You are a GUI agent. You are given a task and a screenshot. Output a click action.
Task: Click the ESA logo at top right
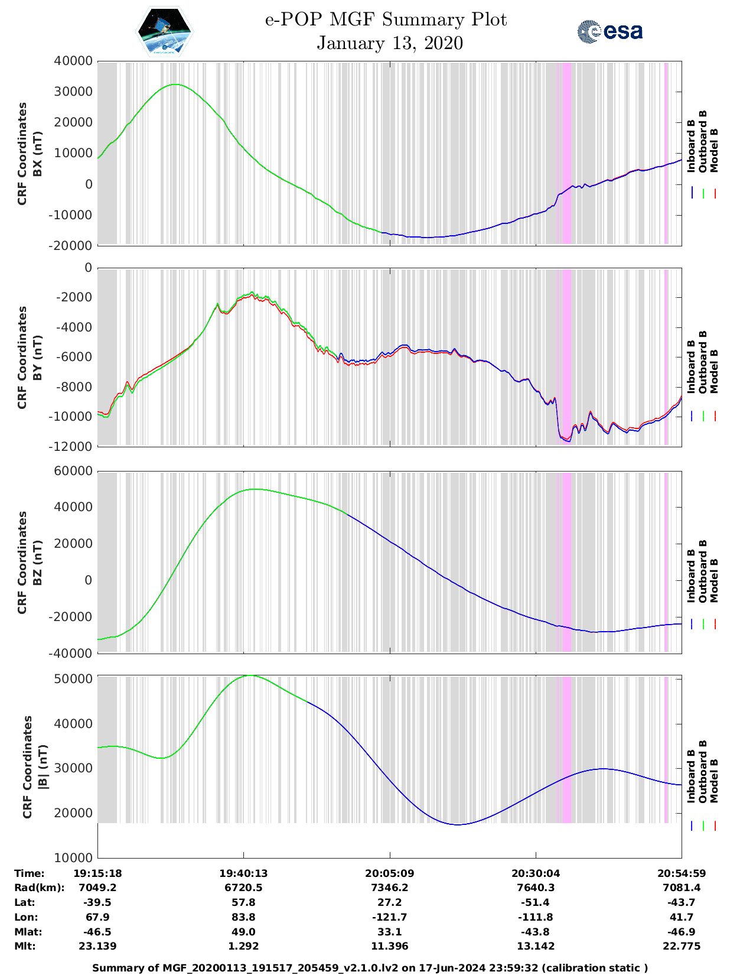(x=609, y=31)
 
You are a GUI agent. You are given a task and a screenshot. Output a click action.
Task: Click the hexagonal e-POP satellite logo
(x=164, y=31)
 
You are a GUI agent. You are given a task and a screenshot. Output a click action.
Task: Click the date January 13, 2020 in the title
(x=390, y=43)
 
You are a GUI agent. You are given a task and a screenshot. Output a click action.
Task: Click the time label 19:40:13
(x=243, y=873)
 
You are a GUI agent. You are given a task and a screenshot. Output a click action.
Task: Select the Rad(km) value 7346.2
(x=389, y=888)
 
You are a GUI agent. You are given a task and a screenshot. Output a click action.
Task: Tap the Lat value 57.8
(x=243, y=902)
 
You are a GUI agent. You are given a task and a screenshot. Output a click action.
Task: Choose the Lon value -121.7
(x=389, y=917)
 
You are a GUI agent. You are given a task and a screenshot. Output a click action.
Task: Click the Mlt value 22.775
(x=682, y=946)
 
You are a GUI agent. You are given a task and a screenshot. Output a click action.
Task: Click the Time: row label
(x=30, y=873)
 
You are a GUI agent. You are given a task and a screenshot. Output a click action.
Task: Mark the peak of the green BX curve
(x=175, y=84)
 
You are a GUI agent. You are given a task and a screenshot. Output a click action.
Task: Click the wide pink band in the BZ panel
(x=568, y=561)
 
